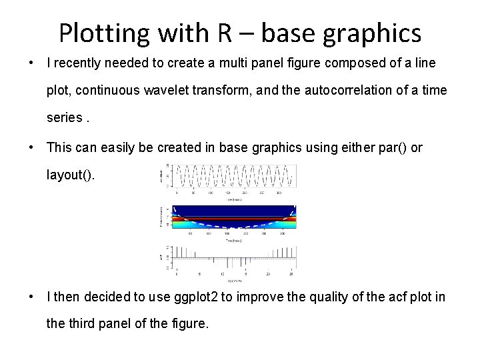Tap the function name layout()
[71, 175]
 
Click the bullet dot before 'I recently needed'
[31, 63]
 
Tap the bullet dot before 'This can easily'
[31, 147]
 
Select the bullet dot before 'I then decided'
[31, 297]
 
